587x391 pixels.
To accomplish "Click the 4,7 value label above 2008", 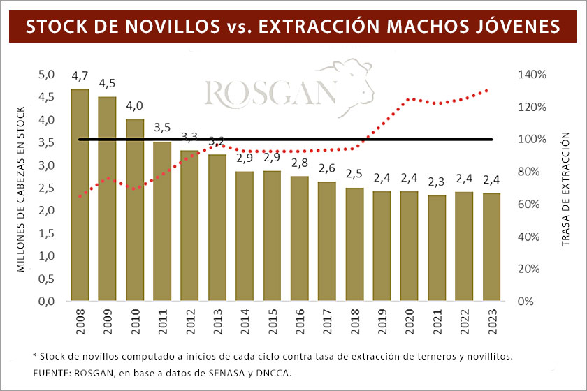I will pyautogui.click(x=80, y=76).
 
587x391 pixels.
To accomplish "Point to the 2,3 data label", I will pyautogui.click(x=437, y=182).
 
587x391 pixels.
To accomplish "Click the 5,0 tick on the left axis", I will pyautogui.click(x=45, y=75).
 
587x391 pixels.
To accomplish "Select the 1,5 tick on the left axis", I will pyautogui.click(x=45, y=233).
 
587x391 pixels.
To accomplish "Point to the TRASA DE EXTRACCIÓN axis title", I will pyautogui.click(x=565, y=188).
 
